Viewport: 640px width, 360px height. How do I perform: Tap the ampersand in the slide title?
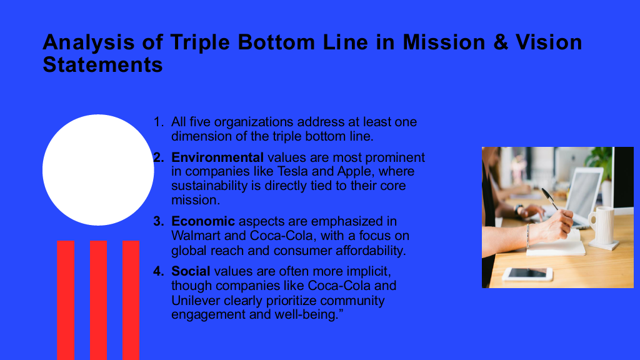(x=501, y=42)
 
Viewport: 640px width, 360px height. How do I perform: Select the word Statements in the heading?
(x=102, y=65)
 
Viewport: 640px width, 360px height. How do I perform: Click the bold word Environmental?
(x=217, y=157)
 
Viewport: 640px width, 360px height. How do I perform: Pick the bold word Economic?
(x=203, y=221)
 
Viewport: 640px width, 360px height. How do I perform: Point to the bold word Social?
(x=191, y=271)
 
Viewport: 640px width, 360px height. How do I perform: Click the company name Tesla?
(x=292, y=171)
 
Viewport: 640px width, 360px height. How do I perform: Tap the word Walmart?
(x=196, y=236)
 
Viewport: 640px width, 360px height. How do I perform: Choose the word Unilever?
(x=196, y=301)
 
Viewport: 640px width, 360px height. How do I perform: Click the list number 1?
(x=158, y=122)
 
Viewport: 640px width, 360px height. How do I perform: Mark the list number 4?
(x=158, y=271)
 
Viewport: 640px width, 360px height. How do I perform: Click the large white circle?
(x=98, y=170)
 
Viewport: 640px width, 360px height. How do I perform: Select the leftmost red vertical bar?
(x=66, y=300)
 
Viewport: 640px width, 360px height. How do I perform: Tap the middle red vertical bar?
(x=98, y=300)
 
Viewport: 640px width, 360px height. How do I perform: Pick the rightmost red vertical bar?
(x=131, y=300)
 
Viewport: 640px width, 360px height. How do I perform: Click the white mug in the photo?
(x=602, y=226)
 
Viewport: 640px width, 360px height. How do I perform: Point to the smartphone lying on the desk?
(x=527, y=274)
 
